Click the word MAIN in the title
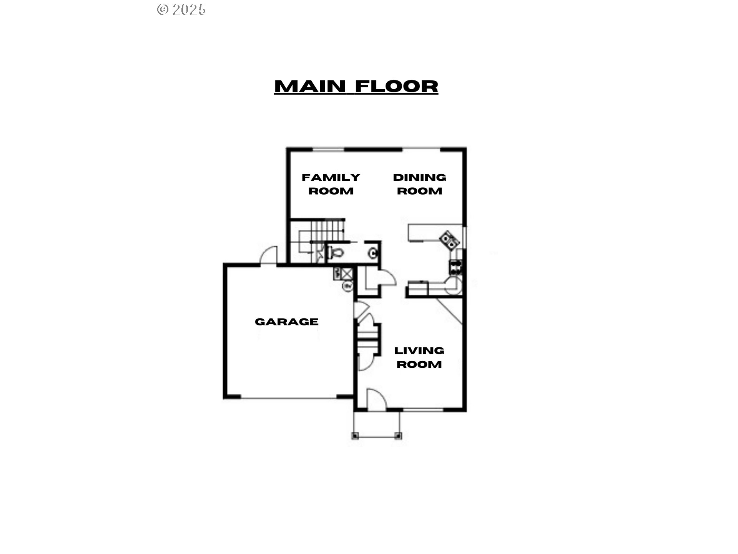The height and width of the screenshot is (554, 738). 310,86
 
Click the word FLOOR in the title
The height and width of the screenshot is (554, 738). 397,86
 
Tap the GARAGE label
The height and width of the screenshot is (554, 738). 287,322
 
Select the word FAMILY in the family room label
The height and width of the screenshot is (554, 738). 331,177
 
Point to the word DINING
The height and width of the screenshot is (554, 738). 419,177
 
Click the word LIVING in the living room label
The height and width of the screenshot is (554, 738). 419,350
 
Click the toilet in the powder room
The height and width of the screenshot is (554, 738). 335,253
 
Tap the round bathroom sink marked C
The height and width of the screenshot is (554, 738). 372,253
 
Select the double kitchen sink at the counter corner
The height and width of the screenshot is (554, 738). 449,240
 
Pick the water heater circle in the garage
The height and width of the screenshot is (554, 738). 348,286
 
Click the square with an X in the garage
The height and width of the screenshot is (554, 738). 347,274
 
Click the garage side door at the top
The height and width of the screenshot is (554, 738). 269,255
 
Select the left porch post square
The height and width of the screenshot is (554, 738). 355,436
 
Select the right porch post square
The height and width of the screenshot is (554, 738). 398,436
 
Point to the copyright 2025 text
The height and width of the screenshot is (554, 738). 181,10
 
